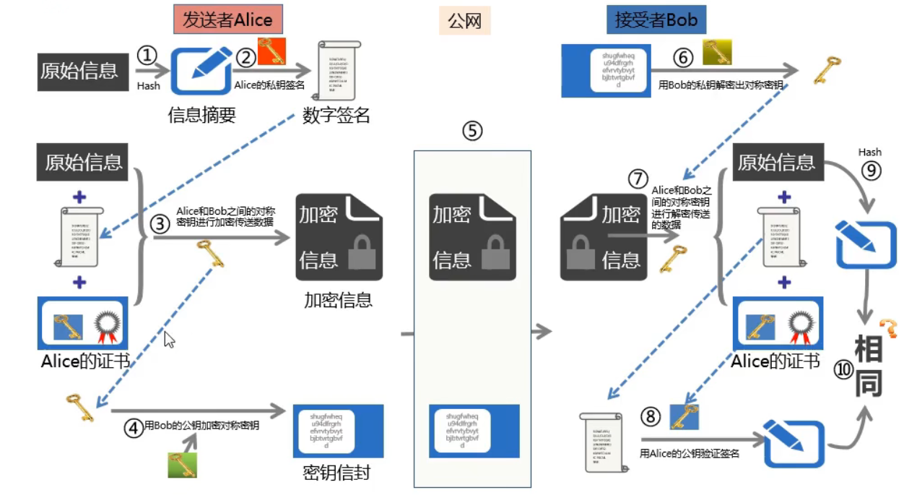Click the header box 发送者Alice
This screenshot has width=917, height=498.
click(x=227, y=20)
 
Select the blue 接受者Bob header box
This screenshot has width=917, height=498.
click(x=656, y=20)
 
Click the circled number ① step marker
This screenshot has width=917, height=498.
click(x=147, y=56)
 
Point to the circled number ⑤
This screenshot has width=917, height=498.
click(x=472, y=132)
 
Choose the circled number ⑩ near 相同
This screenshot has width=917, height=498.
click(x=843, y=369)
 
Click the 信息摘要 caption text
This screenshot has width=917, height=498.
click(x=201, y=115)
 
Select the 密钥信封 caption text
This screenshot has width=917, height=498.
click(x=336, y=473)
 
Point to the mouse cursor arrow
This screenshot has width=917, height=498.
click(x=169, y=339)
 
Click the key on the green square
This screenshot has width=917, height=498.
click(x=183, y=465)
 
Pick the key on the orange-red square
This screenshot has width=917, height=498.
click(x=272, y=51)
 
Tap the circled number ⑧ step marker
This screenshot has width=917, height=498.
click(x=651, y=416)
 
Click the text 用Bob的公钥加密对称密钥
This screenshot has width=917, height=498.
click(x=201, y=426)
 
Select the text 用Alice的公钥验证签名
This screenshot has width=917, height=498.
click(x=690, y=454)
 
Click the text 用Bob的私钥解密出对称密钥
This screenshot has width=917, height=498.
click(x=720, y=85)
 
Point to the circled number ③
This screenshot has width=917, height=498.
click(x=160, y=224)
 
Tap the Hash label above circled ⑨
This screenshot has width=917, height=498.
click(x=869, y=153)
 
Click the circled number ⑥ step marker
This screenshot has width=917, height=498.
click(x=682, y=58)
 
